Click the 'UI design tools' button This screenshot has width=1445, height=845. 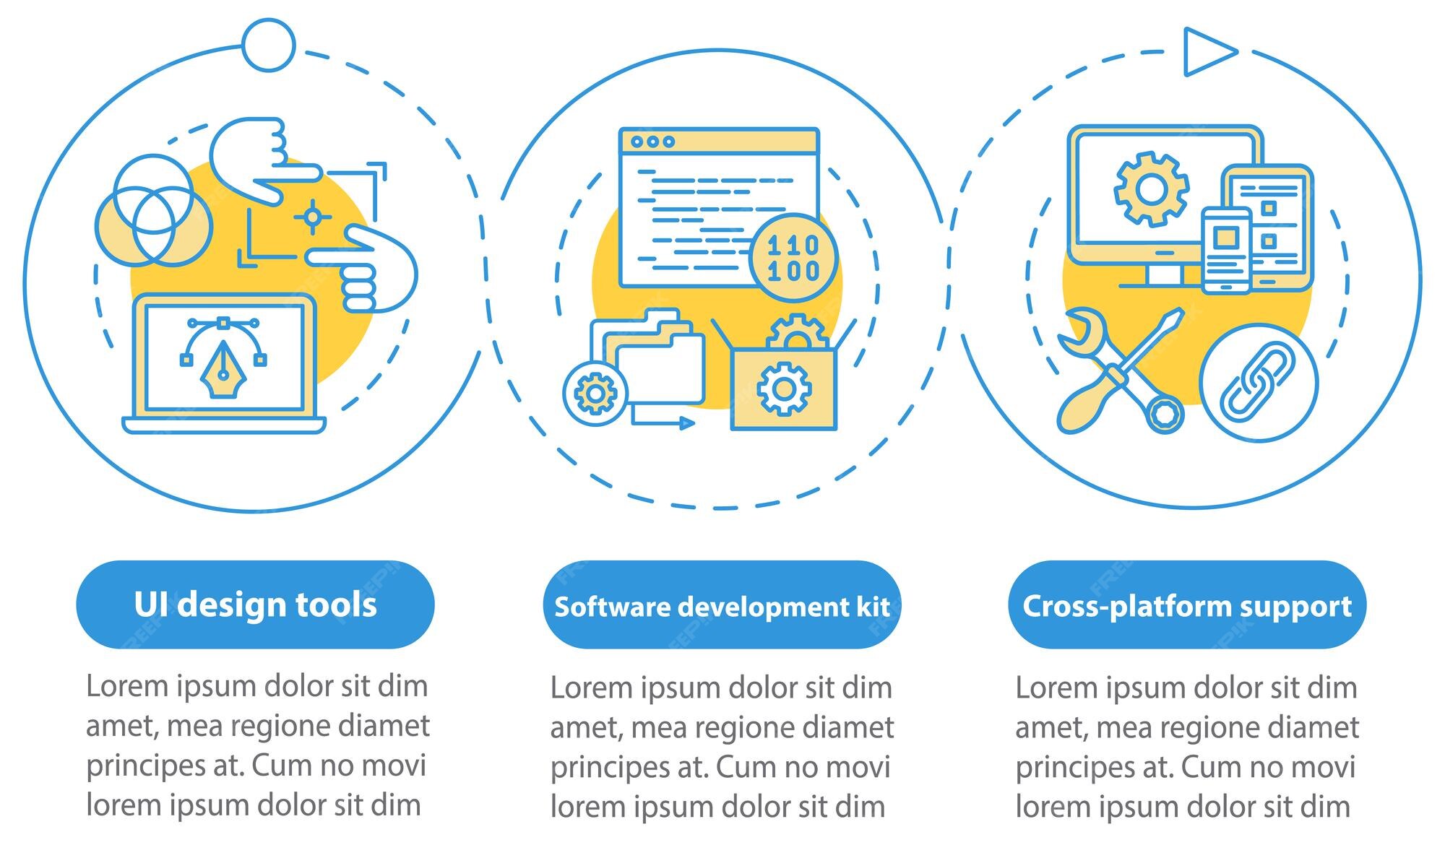(255, 604)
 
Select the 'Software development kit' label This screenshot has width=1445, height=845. (722, 606)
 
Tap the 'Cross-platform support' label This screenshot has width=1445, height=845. (1187, 605)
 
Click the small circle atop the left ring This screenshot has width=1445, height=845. (268, 45)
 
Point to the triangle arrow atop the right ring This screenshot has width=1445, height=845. (1207, 51)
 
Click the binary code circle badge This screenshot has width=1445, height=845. (793, 258)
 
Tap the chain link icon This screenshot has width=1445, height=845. (1258, 382)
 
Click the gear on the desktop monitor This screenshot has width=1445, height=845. (1151, 189)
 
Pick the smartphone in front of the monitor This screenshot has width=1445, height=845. (1225, 250)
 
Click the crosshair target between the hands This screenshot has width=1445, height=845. (312, 216)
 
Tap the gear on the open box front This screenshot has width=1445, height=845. (783, 389)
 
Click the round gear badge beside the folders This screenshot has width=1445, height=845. (595, 393)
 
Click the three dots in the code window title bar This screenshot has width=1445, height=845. (652, 142)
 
